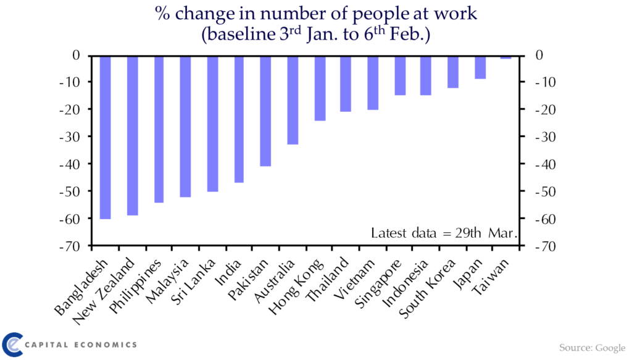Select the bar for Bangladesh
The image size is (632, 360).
click(x=105, y=138)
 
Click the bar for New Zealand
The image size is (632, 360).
click(x=133, y=135)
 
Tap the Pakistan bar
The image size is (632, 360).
click(x=265, y=111)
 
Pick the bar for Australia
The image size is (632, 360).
click(x=293, y=100)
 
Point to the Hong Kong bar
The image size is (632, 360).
click(x=320, y=88)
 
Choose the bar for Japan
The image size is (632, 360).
click(x=480, y=67)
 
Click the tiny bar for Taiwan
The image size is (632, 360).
click(x=506, y=57)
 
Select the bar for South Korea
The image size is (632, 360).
click(x=453, y=72)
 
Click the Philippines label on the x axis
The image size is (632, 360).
click(x=135, y=287)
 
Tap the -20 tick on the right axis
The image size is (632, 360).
click(x=546, y=109)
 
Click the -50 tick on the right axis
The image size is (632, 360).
click(x=546, y=191)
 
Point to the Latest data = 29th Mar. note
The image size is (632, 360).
click(x=444, y=233)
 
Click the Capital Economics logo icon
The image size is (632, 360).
click(x=12, y=345)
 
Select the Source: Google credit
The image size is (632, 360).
click(x=592, y=348)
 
